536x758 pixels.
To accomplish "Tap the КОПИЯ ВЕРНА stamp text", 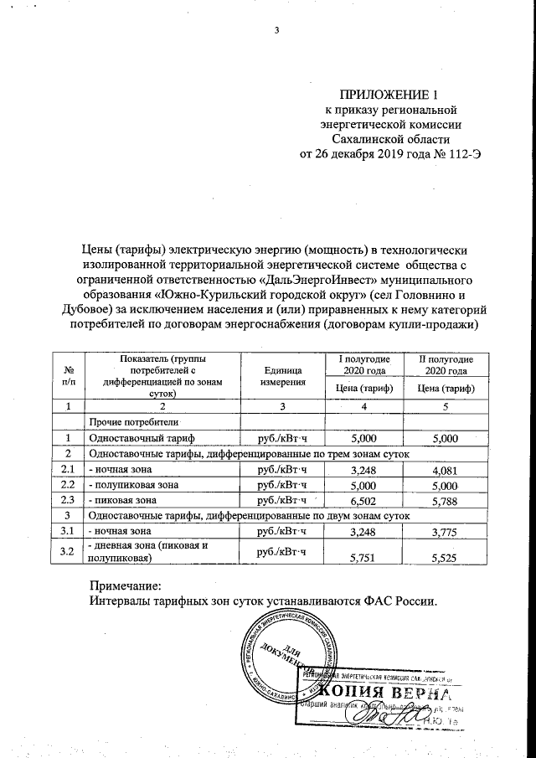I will pyautogui.click(x=388, y=693).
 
